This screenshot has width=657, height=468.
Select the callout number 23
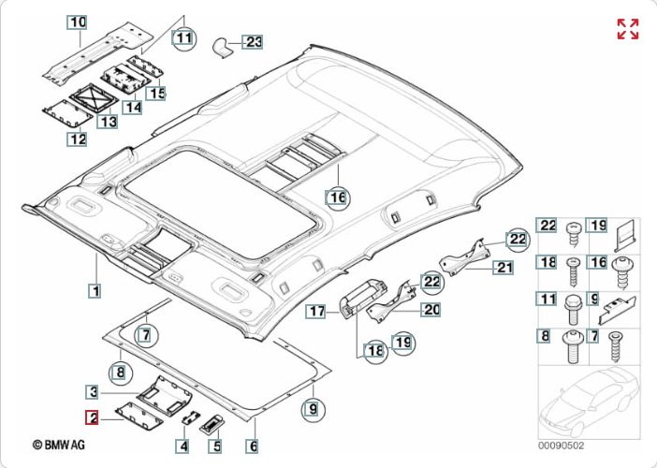254,41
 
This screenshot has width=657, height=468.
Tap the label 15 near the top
155,93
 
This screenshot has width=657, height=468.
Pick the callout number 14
133,107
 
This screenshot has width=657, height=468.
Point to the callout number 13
108,122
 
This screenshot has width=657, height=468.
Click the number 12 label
77,139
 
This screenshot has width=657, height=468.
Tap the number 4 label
184,446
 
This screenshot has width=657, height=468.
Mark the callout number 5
216,446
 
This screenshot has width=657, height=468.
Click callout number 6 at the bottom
253,446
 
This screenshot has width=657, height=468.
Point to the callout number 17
317,310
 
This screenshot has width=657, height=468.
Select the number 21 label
505,267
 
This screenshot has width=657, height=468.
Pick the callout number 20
431,309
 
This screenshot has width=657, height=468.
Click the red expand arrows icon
627,29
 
